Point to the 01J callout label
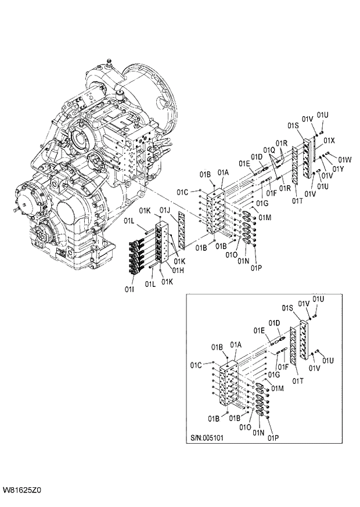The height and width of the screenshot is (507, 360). click(x=164, y=210)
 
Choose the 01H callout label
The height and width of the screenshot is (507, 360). click(x=179, y=269)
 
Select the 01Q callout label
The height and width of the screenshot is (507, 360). click(x=268, y=150)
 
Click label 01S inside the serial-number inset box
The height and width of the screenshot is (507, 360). click(x=287, y=307)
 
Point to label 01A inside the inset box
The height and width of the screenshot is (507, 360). click(x=235, y=344)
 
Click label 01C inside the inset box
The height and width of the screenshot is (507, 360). click(x=196, y=365)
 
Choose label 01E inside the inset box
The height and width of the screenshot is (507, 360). click(x=259, y=330)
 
